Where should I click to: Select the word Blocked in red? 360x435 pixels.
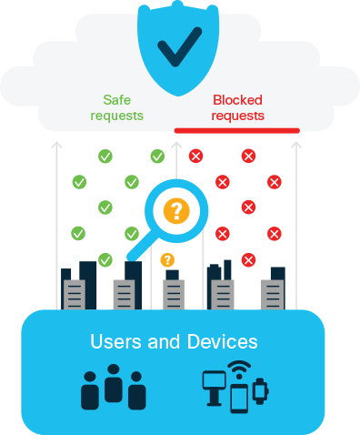[238, 101]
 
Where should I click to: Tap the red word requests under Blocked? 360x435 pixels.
[238, 116]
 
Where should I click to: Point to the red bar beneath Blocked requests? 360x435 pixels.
[236, 131]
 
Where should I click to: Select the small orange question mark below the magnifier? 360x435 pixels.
[167, 260]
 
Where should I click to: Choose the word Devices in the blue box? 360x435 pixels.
[224, 342]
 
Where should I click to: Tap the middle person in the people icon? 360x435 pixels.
[114, 382]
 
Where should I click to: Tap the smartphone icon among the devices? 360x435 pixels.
[239, 398]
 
